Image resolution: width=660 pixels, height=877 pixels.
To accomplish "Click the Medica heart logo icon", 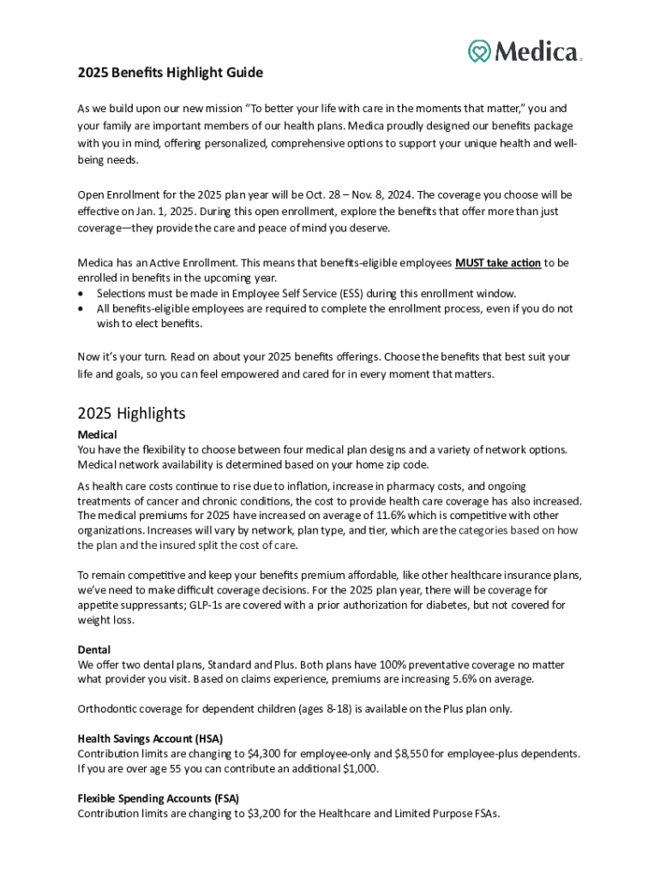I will click(479, 51).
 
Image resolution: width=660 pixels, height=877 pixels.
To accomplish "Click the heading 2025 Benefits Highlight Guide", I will click(170, 73).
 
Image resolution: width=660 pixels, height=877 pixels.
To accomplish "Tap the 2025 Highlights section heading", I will click(131, 414).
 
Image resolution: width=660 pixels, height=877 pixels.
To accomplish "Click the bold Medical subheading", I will click(97, 435).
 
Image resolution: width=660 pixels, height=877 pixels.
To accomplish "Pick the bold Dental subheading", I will click(93, 650).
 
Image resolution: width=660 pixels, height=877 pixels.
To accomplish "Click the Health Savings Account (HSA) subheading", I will click(150, 738).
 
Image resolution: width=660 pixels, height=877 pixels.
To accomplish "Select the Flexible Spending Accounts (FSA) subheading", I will click(159, 798).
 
